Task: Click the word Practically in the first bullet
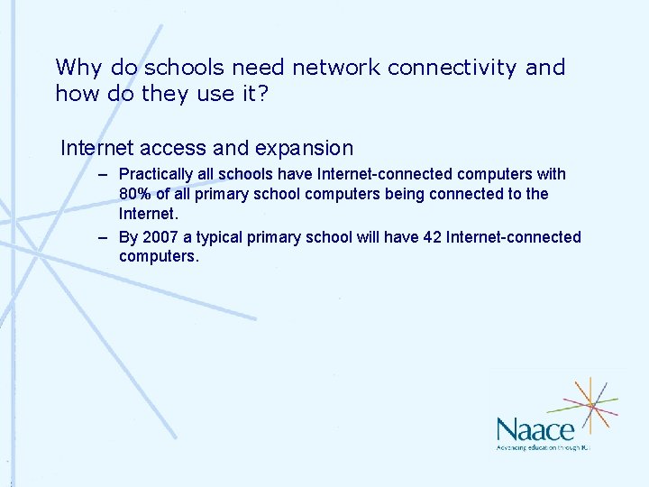coord(156,174)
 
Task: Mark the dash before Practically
coord(104,174)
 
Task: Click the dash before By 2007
coord(104,237)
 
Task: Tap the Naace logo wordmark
coord(535,428)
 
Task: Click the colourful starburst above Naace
coord(591,404)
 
